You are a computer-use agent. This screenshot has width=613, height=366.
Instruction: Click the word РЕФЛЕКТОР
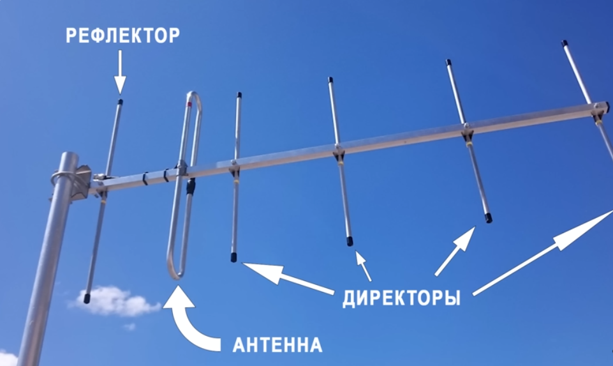[x=123, y=36]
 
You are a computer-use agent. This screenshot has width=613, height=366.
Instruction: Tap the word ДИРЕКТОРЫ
[x=401, y=298]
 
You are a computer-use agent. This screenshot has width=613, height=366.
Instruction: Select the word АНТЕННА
[x=277, y=346]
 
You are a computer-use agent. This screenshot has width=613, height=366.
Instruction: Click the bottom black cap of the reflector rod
[x=87, y=298]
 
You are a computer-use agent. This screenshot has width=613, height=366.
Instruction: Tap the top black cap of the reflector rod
[x=121, y=102]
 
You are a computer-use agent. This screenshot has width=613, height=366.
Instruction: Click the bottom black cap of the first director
[x=234, y=257]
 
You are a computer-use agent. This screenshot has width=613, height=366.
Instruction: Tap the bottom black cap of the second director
[x=350, y=241]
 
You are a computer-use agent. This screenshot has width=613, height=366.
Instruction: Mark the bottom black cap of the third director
[x=488, y=218]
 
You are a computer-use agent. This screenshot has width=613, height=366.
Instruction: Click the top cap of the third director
[x=448, y=63]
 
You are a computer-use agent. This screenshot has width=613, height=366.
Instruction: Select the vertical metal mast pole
[x=48, y=268]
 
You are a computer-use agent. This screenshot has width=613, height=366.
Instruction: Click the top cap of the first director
[x=239, y=95]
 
